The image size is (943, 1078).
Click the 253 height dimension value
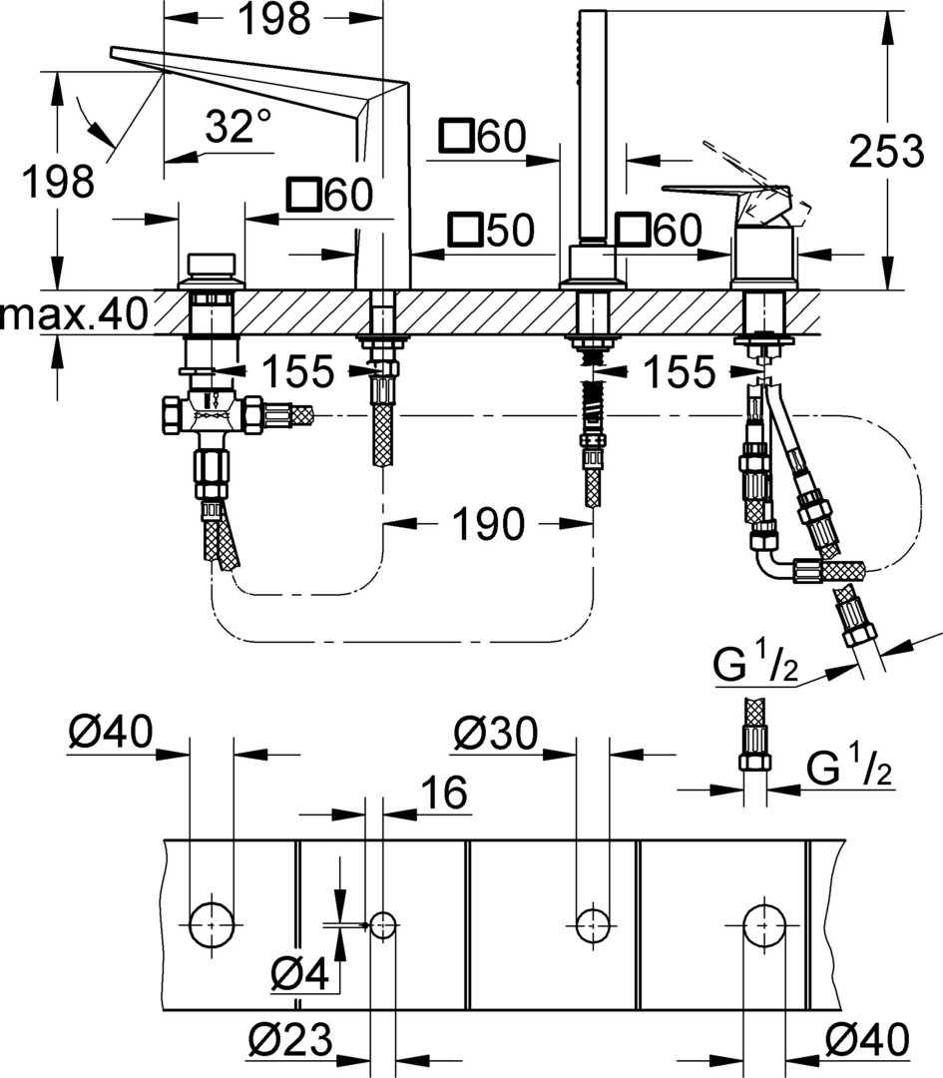click(886, 153)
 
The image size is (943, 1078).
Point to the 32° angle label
click(237, 127)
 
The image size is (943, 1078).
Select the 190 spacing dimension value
click(488, 522)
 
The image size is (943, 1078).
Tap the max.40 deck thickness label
click(75, 314)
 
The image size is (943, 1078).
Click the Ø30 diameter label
click(495, 736)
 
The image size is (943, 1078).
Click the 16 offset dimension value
click(443, 794)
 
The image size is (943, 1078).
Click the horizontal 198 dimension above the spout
click(273, 18)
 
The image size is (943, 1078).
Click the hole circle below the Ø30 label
click(594, 925)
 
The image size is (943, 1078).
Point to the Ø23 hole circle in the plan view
click(383, 925)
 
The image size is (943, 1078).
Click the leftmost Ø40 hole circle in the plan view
click(212, 925)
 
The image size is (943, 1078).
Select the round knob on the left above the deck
click(212, 267)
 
